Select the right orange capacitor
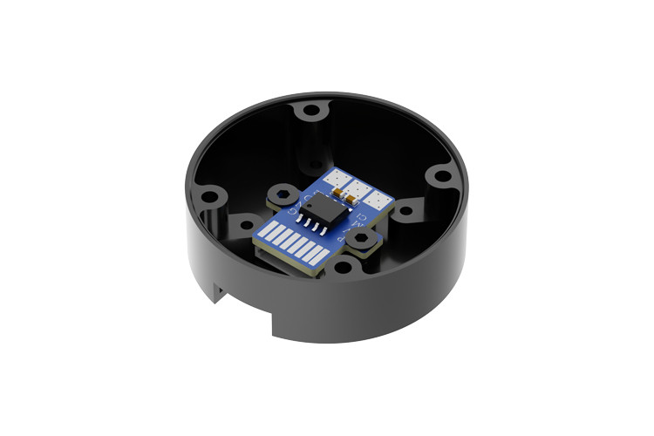pos(351,201)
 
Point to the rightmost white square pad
pos(378,200)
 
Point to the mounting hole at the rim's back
pos(311,111)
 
